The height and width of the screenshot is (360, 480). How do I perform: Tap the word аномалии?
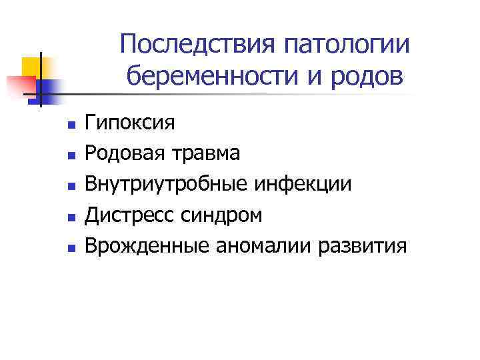263,246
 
